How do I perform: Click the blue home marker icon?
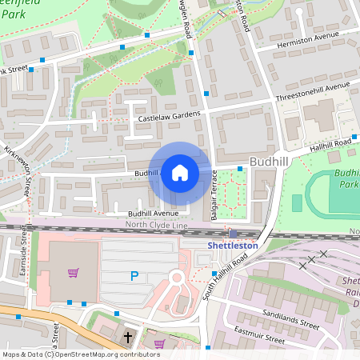pyautogui.click(x=180, y=173)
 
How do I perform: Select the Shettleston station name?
pyautogui.click(x=232, y=246)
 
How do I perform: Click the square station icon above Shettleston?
pyautogui.click(x=233, y=233)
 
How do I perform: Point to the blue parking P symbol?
pyautogui.click(x=134, y=277)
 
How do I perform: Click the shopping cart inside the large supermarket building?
pyautogui.click(x=73, y=273)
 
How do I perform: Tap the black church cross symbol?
pyautogui.click(x=128, y=338)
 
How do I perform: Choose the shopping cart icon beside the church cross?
pyautogui.click(x=158, y=344)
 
